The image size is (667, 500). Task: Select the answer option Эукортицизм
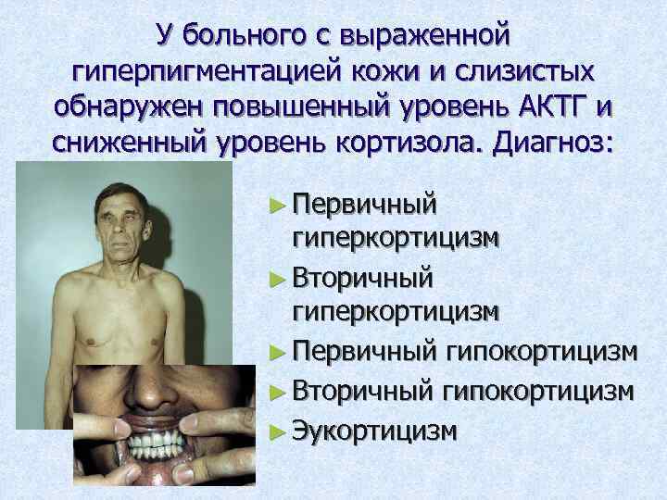point(376,430)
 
